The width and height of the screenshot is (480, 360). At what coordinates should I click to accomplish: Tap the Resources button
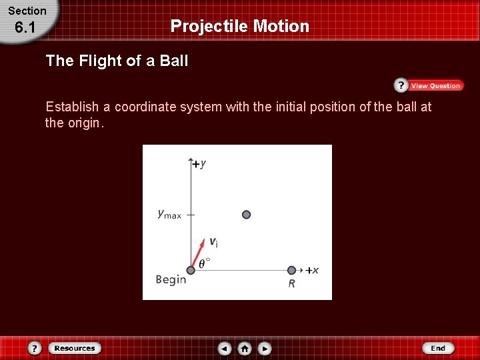click(x=74, y=348)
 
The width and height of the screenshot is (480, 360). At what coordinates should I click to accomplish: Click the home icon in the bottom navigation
click(x=245, y=348)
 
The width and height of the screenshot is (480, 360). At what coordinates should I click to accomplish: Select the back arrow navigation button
click(x=225, y=348)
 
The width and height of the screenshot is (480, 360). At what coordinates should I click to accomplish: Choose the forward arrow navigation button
click(x=265, y=348)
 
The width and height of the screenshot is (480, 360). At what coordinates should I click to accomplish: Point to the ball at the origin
click(x=191, y=270)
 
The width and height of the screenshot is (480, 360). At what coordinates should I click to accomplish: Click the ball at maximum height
click(x=246, y=215)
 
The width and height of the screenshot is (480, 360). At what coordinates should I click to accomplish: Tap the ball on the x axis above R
click(x=291, y=270)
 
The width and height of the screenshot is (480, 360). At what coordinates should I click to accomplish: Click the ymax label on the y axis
click(x=169, y=214)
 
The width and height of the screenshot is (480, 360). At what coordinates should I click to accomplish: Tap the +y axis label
click(x=199, y=163)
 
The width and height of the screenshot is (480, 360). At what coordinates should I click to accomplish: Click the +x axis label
click(x=312, y=270)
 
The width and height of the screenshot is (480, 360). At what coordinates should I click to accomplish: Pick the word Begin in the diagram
click(x=171, y=279)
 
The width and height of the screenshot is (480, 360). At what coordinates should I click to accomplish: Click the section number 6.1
click(x=25, y=29)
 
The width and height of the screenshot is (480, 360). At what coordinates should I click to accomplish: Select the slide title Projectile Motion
click(x=240, y=26)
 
